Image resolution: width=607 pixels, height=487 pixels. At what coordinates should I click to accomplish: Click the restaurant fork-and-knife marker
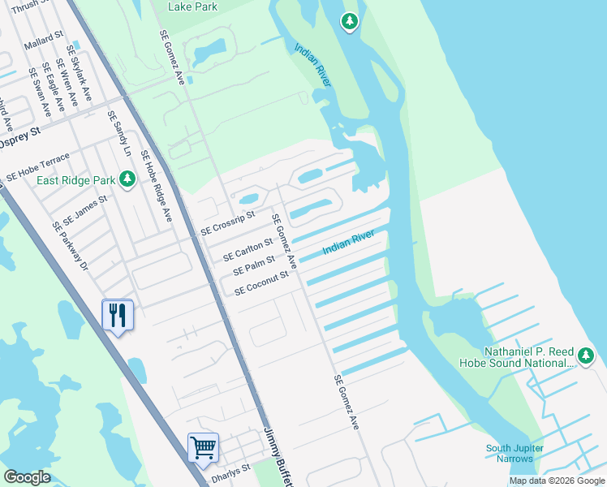118,313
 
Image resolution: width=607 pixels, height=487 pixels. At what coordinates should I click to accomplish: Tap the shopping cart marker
202,446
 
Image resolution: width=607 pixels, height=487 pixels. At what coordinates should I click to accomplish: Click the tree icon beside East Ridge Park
127,179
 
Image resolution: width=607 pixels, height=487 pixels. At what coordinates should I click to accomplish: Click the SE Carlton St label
248,246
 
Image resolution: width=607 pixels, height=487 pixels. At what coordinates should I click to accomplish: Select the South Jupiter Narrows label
514,454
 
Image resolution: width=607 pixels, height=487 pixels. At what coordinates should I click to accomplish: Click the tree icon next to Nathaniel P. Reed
585,356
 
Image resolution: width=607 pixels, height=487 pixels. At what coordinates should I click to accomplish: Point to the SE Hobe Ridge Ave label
157,187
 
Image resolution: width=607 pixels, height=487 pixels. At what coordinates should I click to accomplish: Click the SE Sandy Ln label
119,134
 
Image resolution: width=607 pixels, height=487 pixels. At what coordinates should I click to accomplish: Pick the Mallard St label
44,42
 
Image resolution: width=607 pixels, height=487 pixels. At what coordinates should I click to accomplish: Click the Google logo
27,477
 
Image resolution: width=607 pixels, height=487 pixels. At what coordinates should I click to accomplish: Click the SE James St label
85,209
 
